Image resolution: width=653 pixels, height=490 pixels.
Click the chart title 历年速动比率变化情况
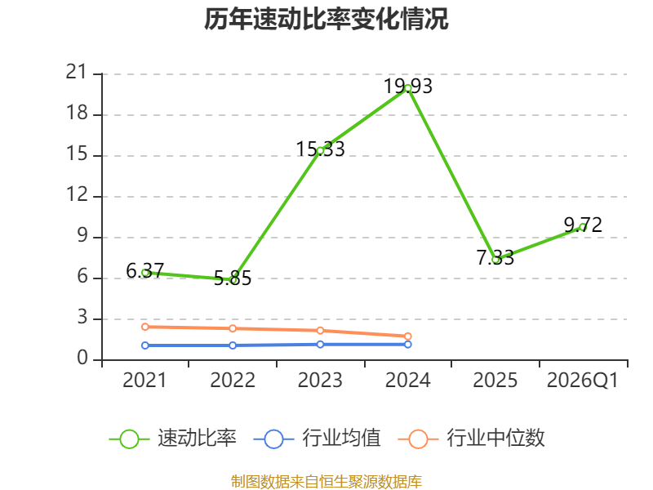click(326, 19)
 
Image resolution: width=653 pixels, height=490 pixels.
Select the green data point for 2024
click(407, 88)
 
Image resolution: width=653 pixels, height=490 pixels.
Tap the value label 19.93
click(407, 87)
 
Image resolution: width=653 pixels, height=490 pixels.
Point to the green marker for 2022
click(233, 280)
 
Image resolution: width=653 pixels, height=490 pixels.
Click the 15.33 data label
click(320, 149)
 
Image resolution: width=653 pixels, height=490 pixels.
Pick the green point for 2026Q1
click(583, 228)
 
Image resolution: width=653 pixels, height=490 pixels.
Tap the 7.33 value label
click(495, 258)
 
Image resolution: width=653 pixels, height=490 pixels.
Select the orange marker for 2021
click(145, 327)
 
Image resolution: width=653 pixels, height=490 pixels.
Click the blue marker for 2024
click(407, 344)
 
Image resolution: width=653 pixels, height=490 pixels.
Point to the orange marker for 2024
click(407, 336)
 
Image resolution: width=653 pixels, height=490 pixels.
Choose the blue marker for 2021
click(145, 345)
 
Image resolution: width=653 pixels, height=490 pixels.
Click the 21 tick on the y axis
click(76, 73)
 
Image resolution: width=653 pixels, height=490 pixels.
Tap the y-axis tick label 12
click(77, 194)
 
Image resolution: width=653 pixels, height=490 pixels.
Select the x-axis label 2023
click(320, 380)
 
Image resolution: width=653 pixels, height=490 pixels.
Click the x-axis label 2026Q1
click(583, 380)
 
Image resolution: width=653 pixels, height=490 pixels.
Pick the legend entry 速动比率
click(172, 439)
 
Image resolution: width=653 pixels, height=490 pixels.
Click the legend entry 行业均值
click(317, 439)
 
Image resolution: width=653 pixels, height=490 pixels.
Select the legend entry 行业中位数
click(472, 439)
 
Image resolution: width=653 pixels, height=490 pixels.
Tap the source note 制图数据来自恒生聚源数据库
click(326, 482)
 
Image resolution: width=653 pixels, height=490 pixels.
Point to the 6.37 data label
click(145, 271)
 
